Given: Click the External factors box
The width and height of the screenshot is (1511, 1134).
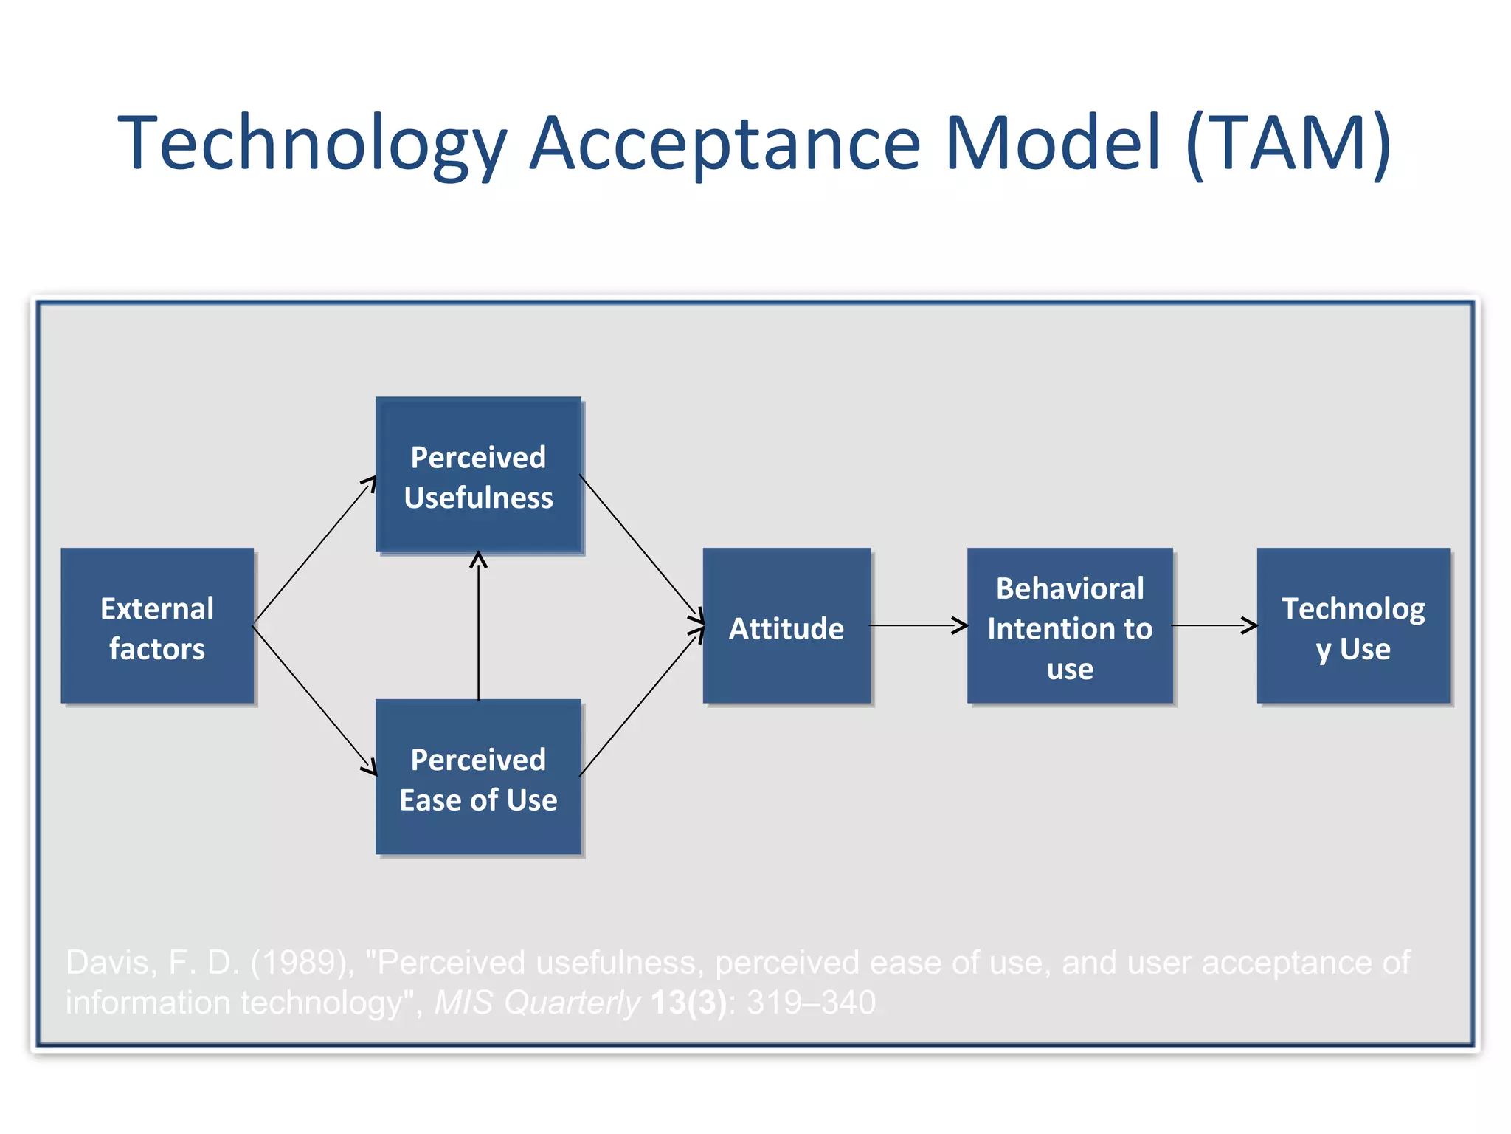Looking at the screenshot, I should pyautogui.click(x=157, y=626).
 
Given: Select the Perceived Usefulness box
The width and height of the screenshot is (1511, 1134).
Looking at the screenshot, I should pyautogui.click(x=478, y=475).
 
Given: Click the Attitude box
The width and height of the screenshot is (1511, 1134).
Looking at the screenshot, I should pyautogui.click(x=786, y=626).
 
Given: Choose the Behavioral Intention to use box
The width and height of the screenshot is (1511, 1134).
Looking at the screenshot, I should pyautogui.click(x=1070, y=626).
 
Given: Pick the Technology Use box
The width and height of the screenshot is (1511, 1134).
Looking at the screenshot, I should pyautogui.click(x=1353, y=626).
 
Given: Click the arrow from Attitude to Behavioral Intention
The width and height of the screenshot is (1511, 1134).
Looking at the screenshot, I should pyautogui.click(x=919, y=625).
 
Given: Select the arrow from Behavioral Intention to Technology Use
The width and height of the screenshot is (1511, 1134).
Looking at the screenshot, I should pyautogui.click(x=1214, y=625).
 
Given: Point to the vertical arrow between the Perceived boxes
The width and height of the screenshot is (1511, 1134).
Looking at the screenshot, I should pyautogui.click(x=478, y=628).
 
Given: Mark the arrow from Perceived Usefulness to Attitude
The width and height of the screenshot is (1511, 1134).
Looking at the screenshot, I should pyautogui.click(x=640, y=548).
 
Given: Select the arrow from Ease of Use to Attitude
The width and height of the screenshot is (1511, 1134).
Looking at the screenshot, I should pyautogui.click(x=640, y=703).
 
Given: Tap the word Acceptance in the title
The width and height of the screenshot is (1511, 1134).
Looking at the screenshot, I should pyautogui.click(x=726, y=144).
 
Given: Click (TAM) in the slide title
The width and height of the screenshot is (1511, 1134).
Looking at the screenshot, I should pyautogui.click(x=1289, y=144).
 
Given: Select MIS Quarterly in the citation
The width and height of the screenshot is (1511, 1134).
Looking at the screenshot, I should pyautogui.click(x=537, y=1003).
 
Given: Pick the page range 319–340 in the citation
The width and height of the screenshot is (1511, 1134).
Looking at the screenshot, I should pyautogui.click(x=811, y=1003).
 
